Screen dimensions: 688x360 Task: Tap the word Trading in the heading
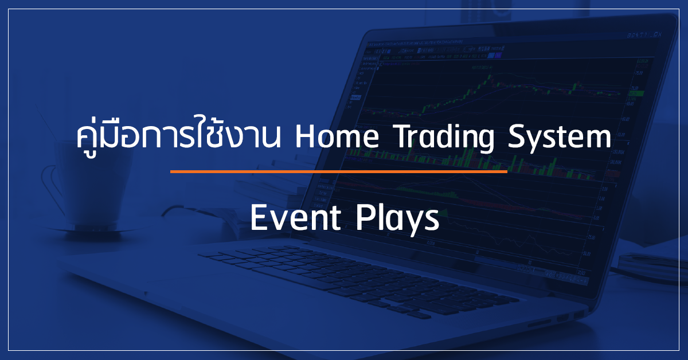point(445,139)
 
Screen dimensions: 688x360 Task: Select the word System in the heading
point(560,139)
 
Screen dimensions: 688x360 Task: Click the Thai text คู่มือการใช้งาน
point(179,136)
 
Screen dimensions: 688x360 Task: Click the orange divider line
point(339,171)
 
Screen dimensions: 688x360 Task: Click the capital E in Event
point(259,218)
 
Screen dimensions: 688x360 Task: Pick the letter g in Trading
point(485,143)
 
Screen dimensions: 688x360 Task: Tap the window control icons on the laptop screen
point(644,36)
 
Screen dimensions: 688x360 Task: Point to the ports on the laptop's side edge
point(556,319)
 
